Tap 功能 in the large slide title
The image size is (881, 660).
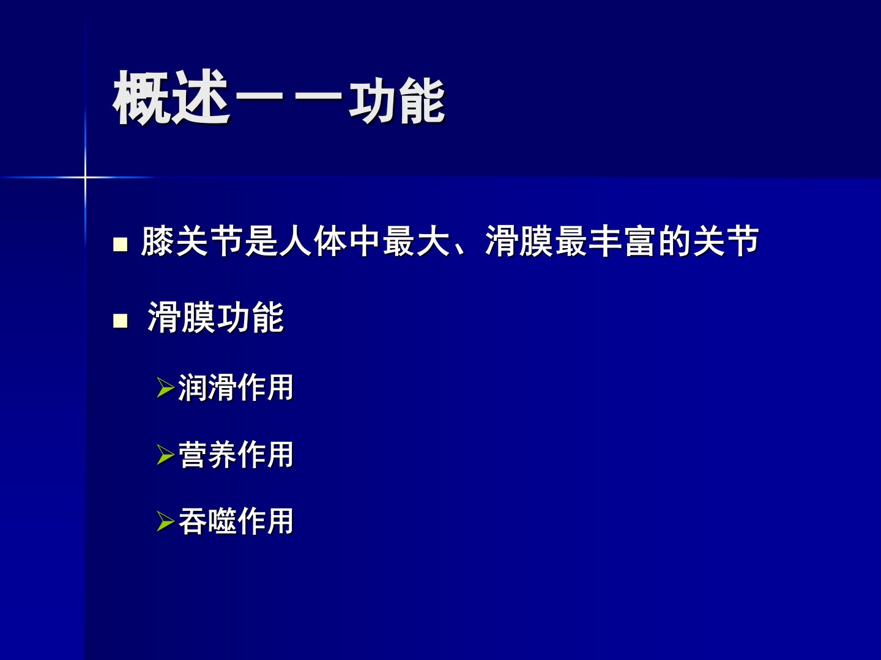coord(397,100)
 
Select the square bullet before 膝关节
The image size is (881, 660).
coord(121,244)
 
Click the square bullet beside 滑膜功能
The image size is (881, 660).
coord(121,321)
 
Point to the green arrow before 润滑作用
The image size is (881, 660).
coord(165,387)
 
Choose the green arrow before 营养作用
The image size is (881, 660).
coord(165,455)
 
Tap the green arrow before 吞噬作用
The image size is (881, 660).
coord(165,521)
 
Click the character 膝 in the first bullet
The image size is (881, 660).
coord(157,241)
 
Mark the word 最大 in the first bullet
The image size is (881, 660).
coord(416,241)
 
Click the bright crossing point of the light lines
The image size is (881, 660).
coord(85,177)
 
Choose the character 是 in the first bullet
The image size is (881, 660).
coord(261,241)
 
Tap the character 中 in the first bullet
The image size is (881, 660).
coord(365,241)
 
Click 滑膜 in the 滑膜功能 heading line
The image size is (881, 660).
coord(182,317)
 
